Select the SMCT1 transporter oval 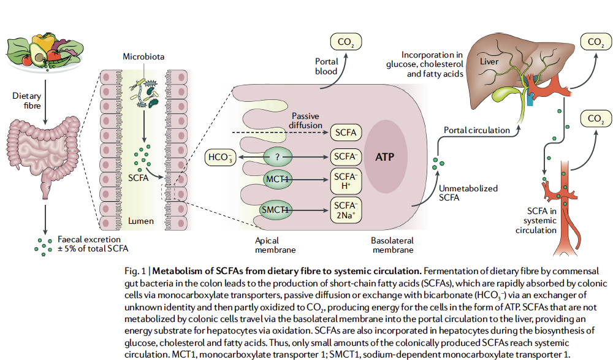coord(277,209)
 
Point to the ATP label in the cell coord(384,156)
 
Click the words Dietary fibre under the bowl coord(26,101)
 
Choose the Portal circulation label coord(476,130)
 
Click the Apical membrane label coord(275,245)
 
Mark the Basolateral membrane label coord(392,245)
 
